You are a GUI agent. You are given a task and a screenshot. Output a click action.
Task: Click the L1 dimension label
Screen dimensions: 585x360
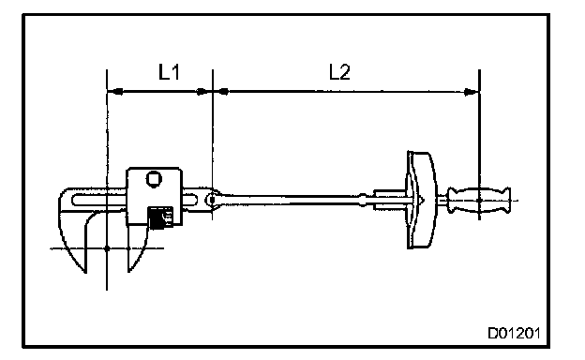pyautogui.click(x=169, y=72)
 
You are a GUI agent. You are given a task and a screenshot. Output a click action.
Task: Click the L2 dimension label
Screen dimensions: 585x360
pyautogui.click(x=340, y=72)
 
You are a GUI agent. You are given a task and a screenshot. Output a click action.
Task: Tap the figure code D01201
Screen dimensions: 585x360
pyautogui.click(x=514, y=333)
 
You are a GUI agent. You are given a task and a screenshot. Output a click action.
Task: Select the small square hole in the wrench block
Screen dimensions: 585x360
pyautogui.click(x=153, y=179)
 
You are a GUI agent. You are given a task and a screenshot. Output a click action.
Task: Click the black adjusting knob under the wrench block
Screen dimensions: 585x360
pyautogui.click(x=161, y=217)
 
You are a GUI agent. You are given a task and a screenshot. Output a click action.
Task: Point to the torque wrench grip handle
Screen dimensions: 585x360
pyautogui.click(x=479, y=201)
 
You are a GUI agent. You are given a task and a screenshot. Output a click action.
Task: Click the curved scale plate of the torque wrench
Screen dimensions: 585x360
pyautogui.click(x=422, y=200)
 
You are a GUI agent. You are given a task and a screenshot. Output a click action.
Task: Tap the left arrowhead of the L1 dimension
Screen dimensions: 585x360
pyautogui.click(x=117, y=91)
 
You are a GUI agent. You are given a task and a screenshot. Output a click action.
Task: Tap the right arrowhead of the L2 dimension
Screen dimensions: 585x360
pyautogui.click(x=470, y=92)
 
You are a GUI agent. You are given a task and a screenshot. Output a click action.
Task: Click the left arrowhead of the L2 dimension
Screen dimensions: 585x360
pyautogui.click(x=224, y=91)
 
